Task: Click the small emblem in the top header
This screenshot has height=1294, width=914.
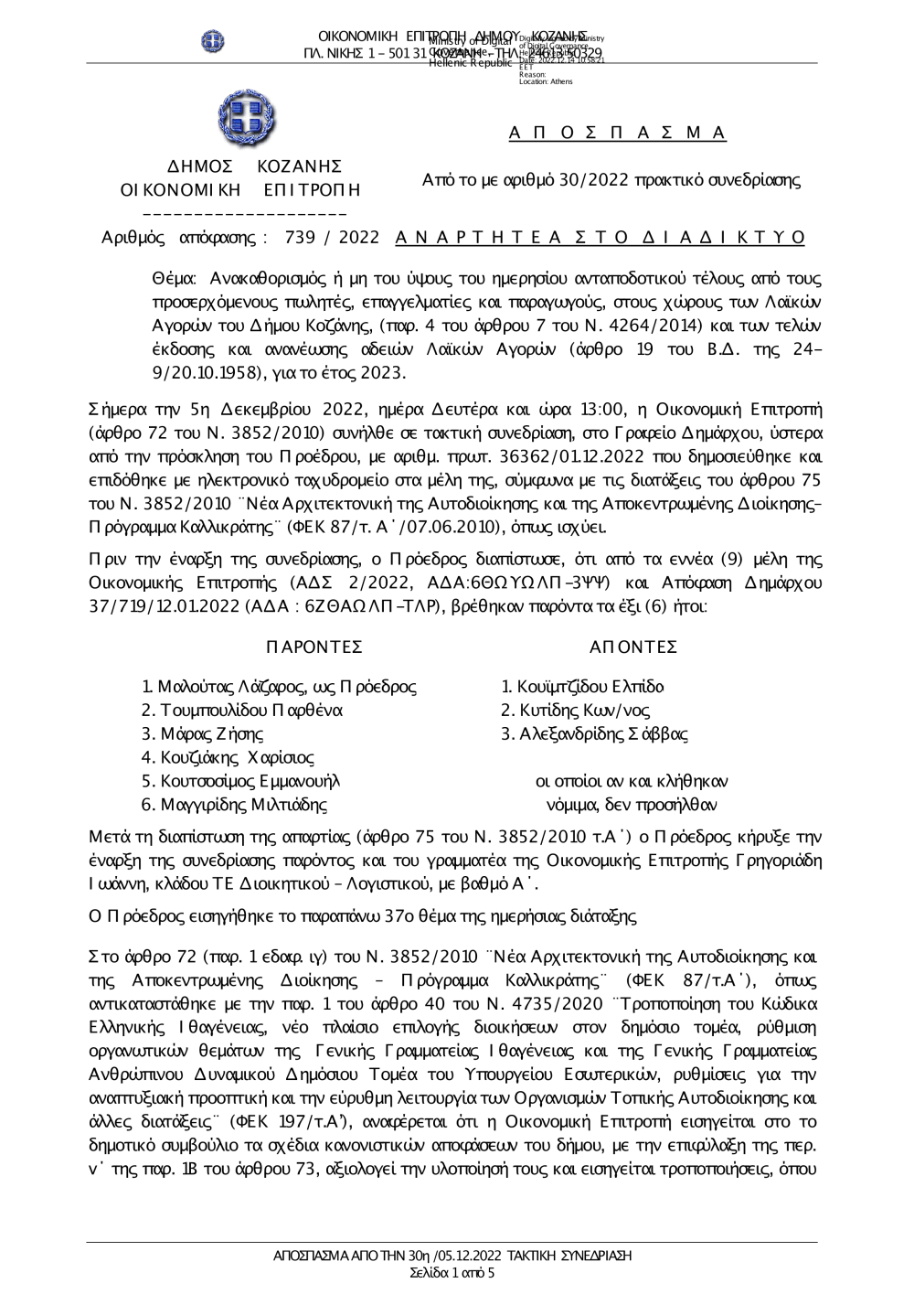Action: (213, 41)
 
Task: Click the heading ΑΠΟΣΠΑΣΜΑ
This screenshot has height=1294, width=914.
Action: (617, 134)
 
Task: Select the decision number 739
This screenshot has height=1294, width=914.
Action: (300, 238)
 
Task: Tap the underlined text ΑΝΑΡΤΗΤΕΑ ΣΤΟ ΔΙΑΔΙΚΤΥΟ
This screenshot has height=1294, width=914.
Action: (600, 238)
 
